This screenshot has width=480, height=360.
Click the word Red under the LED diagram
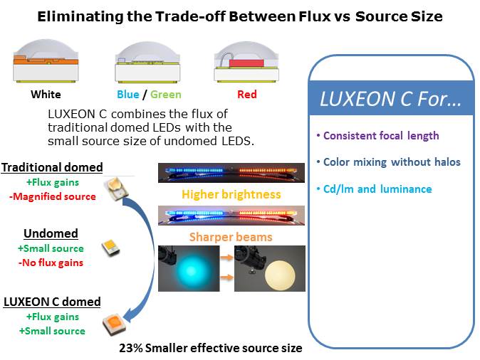click(x=246, y=94)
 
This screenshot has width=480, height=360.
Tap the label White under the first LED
click(x=46, y=94)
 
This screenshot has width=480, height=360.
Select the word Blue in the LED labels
click(x=128, y=94)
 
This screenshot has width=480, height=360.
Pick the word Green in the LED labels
click(x=166, y=94)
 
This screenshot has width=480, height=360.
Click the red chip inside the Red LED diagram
click(x=246, y=63)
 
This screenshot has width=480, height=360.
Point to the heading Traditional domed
click(x=52, y=167)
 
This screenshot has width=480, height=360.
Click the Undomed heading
click(x=51, y=233)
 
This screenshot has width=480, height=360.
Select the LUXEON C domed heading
click(x=52, y=302)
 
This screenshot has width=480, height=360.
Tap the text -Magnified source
click(x=53, y=196)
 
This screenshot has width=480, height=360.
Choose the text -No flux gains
click(x=51, y=263)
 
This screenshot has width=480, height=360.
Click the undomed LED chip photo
click(x=110, y=248)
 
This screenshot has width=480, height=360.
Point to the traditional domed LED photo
click(x=115, y=190)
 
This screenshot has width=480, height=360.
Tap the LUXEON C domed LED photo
click(x=114, y=324)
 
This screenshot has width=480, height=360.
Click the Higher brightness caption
click(x=231, y=194)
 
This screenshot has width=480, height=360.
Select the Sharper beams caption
click(x=231, y=237)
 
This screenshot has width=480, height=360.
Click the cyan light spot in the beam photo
click(x=192, y=270)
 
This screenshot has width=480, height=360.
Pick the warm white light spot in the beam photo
click(x=280, y=275)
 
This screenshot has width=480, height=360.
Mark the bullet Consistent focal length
click(x=378, y=135)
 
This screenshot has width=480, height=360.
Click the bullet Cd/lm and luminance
click(x=375, y=189)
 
